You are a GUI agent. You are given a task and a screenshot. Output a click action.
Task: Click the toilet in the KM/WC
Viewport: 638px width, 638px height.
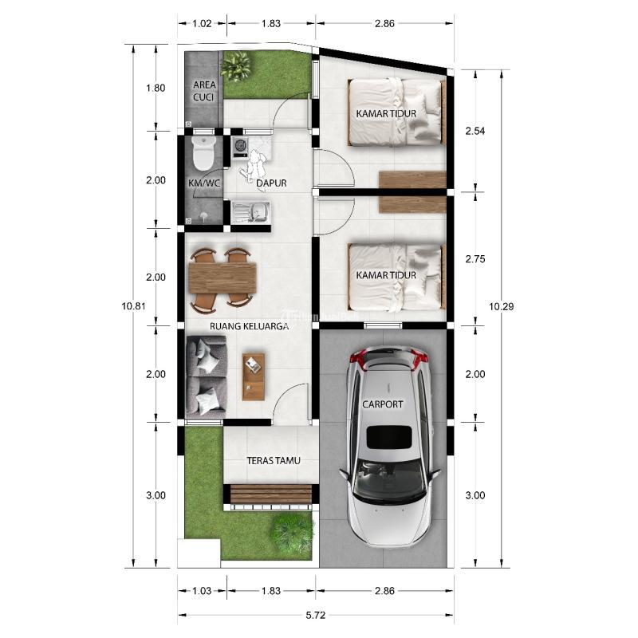pyautogui.click(x=203, y=153)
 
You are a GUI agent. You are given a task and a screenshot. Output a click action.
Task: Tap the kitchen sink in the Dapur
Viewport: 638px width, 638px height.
pyautogui.click(x=250, y=212)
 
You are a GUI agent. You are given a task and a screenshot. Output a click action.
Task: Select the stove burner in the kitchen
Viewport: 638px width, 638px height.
pyautogui.click(x=240, y=144)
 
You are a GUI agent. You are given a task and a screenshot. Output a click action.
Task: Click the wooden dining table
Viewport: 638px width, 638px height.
pyautogui.click(x=223, y=278)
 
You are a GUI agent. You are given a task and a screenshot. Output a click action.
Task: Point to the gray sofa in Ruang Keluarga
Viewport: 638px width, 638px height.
pyautogui.click(x=206, y=376)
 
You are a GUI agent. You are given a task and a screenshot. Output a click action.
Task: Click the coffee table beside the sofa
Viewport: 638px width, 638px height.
pyautogui.click(x=254, y=376)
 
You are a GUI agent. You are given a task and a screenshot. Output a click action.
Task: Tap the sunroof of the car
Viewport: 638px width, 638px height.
pyautogui.click(x=389, y=437)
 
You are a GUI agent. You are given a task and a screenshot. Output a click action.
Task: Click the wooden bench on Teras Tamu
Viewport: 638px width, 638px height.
pyautogui.click(x=271, y=494)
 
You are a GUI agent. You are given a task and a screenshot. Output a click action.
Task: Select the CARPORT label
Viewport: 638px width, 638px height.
pyautogui.click(x=383, y=404)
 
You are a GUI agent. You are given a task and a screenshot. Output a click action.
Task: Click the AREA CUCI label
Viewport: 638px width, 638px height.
pyautogui.click(x=204, y=91)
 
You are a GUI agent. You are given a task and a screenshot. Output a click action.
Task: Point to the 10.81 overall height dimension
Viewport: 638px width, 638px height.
pyautogui.click(x=133, y=306)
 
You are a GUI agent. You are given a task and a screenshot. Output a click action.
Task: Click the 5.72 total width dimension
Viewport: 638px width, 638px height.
pyautogui.click(x=316, y=615)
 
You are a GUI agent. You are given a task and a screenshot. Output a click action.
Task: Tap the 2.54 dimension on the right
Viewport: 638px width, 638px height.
pyautogui.click(x=475, y=131)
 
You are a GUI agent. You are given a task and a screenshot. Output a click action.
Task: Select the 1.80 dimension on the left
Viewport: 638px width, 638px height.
pyautogui.click(x=156, y=88)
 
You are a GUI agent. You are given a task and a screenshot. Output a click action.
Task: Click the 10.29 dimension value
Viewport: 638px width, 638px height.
pyautogui.click(x=502, y=306)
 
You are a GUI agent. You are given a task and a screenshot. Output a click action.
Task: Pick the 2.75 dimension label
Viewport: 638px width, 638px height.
pyautogui.click(x=475, y=258)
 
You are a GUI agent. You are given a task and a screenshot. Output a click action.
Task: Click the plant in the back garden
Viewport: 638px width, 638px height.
pyautogui.click(x=235, y=65)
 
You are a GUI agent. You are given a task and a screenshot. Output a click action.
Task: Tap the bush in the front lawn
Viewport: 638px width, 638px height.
pyautogui.click(x=293, y=533)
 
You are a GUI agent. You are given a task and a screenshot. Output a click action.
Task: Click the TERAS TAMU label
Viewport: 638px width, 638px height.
pyautogui.click(x=274, y=461)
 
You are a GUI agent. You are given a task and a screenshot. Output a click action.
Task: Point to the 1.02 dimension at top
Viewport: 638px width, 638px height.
pyautogui.click(x=202, y=23)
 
